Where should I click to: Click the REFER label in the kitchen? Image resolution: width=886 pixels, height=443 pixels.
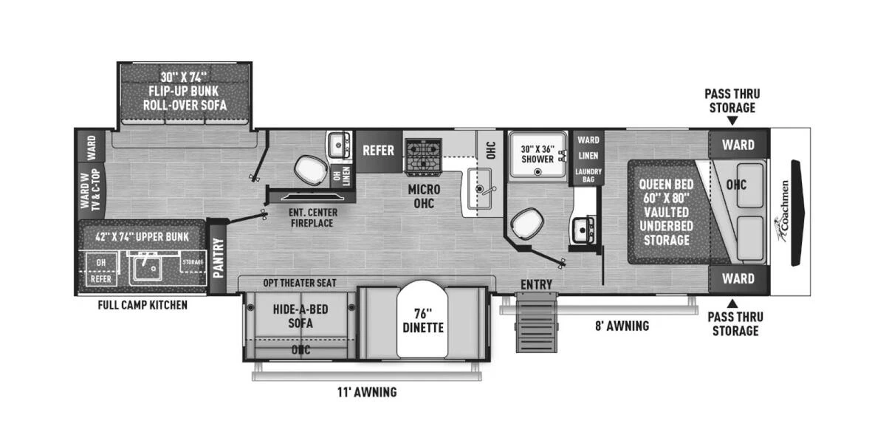point(378,150)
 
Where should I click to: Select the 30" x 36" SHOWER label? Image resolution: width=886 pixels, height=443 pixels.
point(537,153)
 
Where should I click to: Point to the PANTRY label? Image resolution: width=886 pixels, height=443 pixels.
point(219,258)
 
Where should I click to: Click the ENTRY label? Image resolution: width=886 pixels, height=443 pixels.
point(536,284)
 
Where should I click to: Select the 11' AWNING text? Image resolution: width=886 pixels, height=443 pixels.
point(367,392)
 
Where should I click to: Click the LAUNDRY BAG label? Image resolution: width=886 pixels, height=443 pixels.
point(588,175)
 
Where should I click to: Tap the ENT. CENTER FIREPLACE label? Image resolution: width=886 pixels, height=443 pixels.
point(313,218)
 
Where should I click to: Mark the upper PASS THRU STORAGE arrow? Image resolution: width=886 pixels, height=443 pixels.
point(732,120)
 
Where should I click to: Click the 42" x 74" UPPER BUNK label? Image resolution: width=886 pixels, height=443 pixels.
point(142,236)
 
